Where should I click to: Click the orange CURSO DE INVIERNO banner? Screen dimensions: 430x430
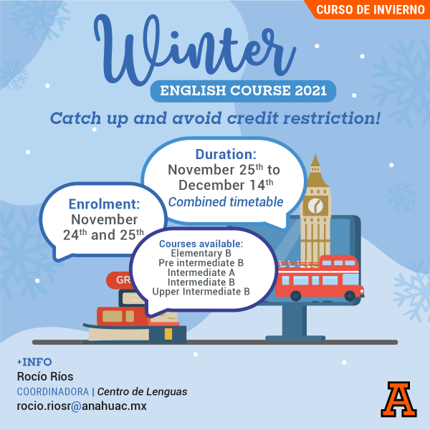point(369,10)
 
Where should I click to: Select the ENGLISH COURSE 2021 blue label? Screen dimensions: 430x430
point(243,91)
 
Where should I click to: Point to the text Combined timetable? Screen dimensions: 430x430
point(226,202)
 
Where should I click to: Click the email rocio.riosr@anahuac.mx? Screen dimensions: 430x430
point(81,406)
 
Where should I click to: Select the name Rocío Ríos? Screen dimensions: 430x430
point(44,376)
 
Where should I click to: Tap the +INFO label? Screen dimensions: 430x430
point(34,362)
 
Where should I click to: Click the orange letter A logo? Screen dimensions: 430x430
point(398,399)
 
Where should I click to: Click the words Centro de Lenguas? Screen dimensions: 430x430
point(142,391)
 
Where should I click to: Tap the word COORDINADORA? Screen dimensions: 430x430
point(53,391)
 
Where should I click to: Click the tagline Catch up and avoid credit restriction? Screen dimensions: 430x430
point(215,118)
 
